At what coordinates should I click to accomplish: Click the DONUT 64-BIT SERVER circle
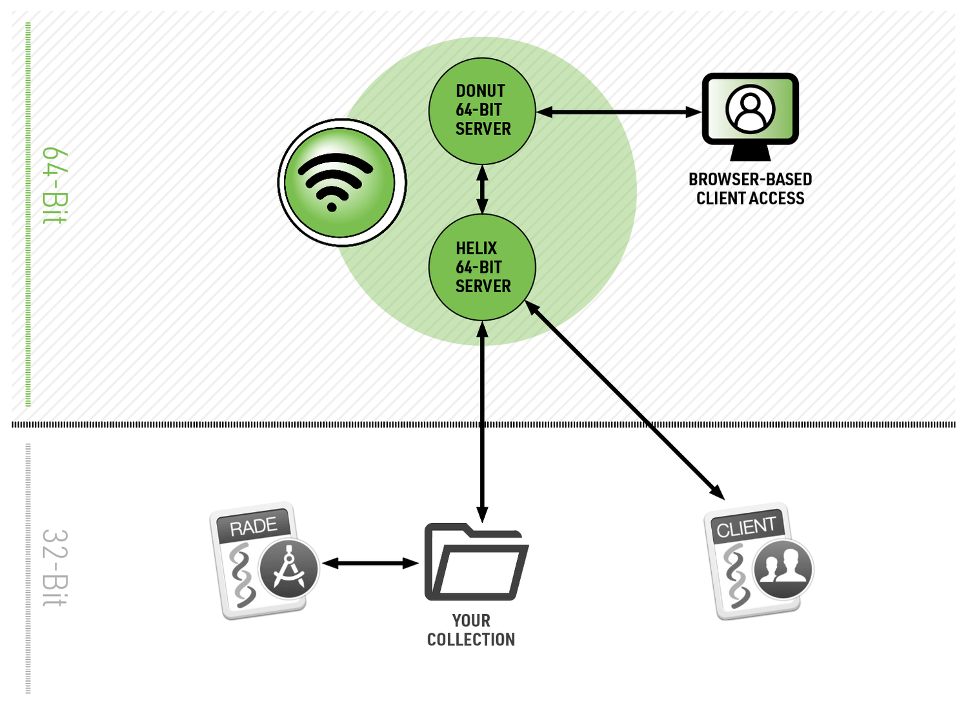(x=482, y=110)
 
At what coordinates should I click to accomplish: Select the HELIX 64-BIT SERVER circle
(x=482, y=267)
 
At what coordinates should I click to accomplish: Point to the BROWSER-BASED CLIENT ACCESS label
(x=750, y=189)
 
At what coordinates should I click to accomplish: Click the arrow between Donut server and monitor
(x=618, y=112)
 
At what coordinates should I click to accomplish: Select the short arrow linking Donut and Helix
(x=482, y=189)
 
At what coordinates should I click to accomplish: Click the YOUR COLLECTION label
(x=471, y=630)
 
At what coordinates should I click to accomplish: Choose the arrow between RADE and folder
(x=370, y=564)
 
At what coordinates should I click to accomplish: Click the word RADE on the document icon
(x=254, y=527)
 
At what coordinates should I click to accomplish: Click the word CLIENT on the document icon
(x=746, y=528)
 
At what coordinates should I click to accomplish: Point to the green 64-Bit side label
(x=54, y=186)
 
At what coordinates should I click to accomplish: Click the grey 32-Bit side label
(x=54, y=568)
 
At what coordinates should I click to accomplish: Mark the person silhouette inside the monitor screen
(x=750, y=108)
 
